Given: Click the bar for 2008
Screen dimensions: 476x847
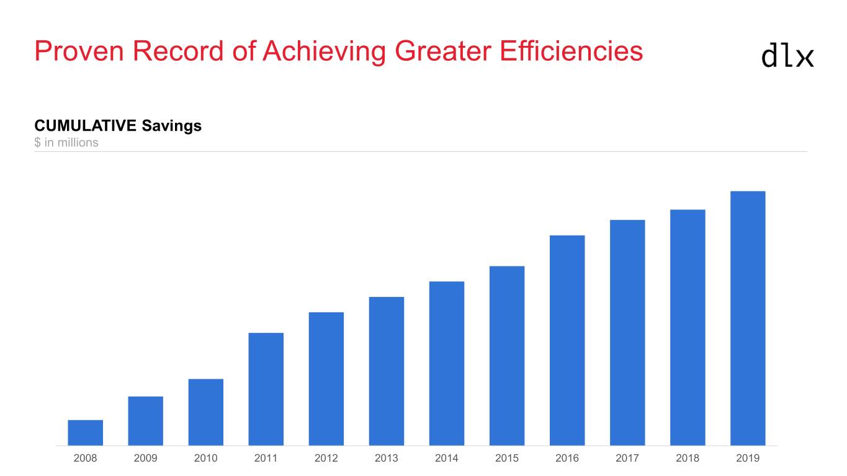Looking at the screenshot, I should click(x=86, y=433).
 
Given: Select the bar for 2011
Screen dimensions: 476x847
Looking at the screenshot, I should click(x=266, y=389).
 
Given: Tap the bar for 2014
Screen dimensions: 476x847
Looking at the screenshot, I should click(x=447, y=363).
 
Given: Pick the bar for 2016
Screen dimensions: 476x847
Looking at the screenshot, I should click(x=567, y=340).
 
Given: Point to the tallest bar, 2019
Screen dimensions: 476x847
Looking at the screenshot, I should click(x=748, y=318).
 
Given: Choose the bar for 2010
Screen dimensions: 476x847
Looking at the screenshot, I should click(x=206, y=412).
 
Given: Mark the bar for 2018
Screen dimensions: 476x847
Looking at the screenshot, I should click(x=688, y=327).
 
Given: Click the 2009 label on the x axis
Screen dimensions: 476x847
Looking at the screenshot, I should click(x=146, y=459).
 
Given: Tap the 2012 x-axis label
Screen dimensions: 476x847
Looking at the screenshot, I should click(x=326, y=459).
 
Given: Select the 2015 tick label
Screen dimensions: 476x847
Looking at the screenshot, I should click(x=507, y=459).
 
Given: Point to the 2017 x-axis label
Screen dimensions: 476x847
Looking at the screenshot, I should click(x=627, y=459).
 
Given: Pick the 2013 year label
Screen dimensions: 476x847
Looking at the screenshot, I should click(x=387, y=459).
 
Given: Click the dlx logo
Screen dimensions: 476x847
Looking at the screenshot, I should click(x=787, y=56).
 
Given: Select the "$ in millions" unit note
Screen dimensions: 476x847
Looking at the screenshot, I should click(x=66, y=143).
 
